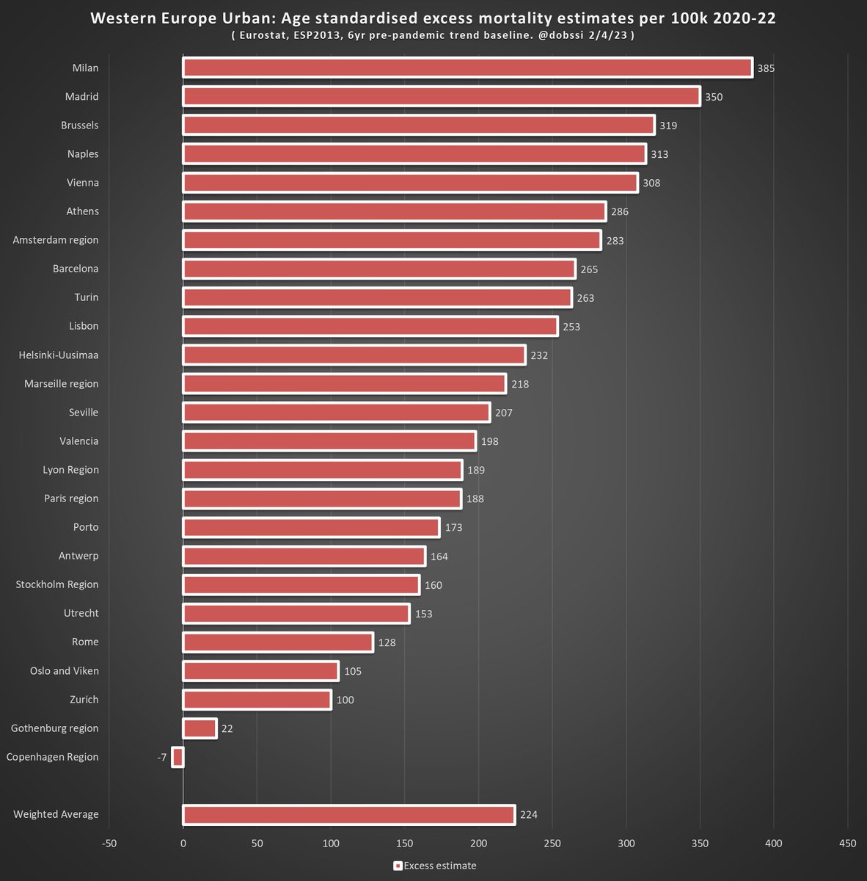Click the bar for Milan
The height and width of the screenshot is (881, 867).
coord(467,68)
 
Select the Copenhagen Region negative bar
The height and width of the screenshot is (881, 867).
coord(178,757)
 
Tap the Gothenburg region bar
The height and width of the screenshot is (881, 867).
coord(200,728)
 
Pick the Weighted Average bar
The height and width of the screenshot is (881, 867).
coord(348,814)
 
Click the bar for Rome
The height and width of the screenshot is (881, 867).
coord(278,642)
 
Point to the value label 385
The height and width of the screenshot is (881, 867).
coord(766,68)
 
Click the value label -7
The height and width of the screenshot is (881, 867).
coord(161,758)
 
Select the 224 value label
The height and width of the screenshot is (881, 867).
coord(529,815)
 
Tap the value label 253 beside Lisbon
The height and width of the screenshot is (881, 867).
coord(571,327)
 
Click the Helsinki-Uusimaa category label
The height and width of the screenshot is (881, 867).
coord(59,355)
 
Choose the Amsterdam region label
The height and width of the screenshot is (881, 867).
coord(56,240)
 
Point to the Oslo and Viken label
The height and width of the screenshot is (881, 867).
coord(64,671)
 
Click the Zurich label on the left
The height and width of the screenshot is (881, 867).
coord(84,700)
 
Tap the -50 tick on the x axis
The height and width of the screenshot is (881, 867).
coord(109,844)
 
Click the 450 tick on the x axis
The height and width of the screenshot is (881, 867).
coord(847,844)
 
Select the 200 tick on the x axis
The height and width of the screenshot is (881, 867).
coord(478,844)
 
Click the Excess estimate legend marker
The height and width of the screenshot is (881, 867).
coord(398,866)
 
